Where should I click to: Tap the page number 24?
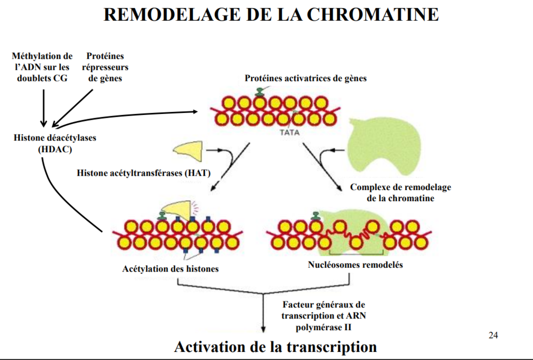pyautogui.click(x=493, y=335)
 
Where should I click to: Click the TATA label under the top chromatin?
pyautogui.click(x=289, y=133)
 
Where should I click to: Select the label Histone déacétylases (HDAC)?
pyautogui.click(x=55, y=143)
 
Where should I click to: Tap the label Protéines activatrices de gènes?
pyautogui.click(x=305, y=78)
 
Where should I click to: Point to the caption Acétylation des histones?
pyautogui.click(x=171, y=269)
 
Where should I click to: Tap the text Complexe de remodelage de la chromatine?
pyautogui.click(x=400, y=193)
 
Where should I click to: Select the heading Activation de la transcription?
pyautogui.click(x=275, y=347)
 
